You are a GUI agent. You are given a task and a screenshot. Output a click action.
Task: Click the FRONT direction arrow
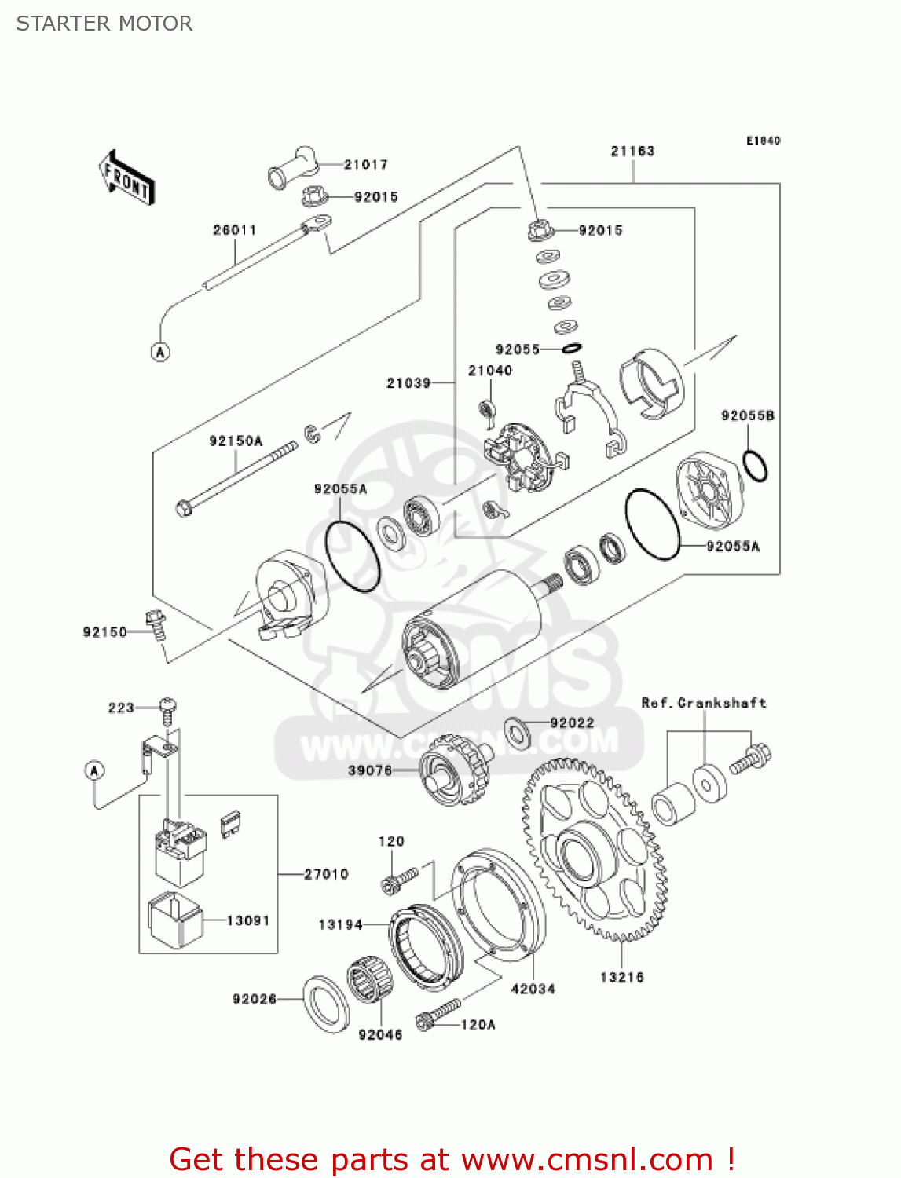pyautogui.click(x=126, y=178)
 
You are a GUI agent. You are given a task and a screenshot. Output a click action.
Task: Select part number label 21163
pyautogui.click(x=632, y=151)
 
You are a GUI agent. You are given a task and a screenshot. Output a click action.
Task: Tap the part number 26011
pyautogui.click(x=234, y=230)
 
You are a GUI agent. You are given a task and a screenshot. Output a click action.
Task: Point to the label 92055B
pyautogui.click(x=747, y=415)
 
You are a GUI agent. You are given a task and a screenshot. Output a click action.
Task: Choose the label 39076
pyautogui.click(x=370, y=770)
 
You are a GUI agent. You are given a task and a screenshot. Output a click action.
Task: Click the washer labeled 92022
pyautogui.click(x=517, y=732)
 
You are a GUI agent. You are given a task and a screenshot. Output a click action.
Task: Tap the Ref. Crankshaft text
pyautogui.click(x=703, y=703)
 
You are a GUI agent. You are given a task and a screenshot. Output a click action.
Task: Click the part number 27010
pyautogui.click(x=326, y=874)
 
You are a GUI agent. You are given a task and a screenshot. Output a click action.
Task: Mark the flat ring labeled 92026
pyautogui.click(x=326, y=1004)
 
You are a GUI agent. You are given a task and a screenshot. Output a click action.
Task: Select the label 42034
pyautogui.click(x=533, y=989)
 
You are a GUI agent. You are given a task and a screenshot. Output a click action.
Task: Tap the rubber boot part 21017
pyautogui.click(x=292, y=166)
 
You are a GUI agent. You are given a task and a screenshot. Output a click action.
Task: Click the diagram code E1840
pyautogui.click(x=763, y=141)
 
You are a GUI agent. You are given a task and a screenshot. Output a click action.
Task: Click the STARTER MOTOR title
pyautogui.click(x=104, y=24)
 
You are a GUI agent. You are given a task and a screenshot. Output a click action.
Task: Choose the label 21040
pyautogui.click(x=490, y=370)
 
